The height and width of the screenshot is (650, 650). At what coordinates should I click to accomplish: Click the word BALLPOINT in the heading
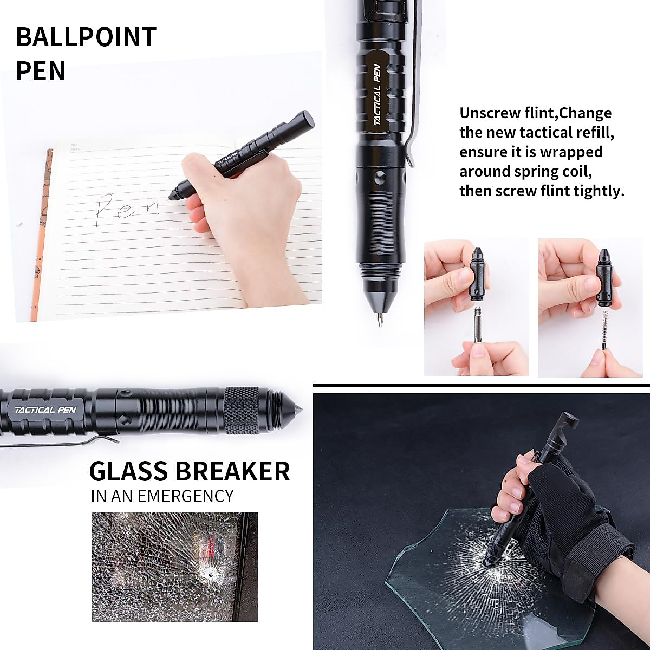tap(86, 37)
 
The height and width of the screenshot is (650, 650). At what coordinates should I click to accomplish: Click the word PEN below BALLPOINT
tap(41, 71)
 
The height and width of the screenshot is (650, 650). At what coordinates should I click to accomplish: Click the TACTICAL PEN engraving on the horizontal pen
tap(42, 409)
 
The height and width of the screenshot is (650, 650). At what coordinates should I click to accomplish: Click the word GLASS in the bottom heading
tap(128, 471)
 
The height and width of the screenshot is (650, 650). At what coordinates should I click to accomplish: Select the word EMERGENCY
tap(185, 496)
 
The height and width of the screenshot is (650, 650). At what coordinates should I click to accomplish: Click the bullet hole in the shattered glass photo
tap(206, 575)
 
